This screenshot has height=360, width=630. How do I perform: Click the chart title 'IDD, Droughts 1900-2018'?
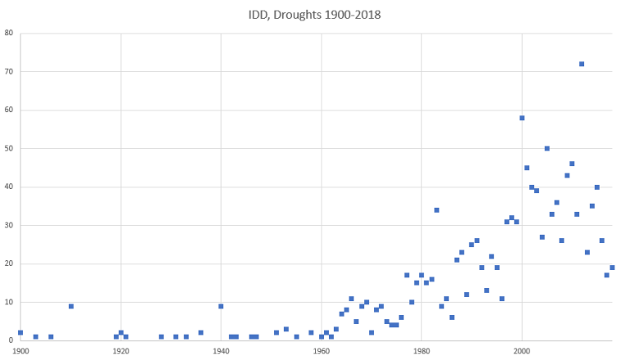pyautogui.click(x=315, y=15)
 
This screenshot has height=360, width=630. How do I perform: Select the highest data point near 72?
pyautogui.click(x=582, y=64)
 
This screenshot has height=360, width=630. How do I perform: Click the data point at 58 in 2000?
pyautogui.click(x=522, y=118)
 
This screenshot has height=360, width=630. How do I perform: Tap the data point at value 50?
pyautogui.click(x=547, y=149)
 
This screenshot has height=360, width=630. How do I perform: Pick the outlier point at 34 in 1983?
pyautogui.click(x=437, y=210)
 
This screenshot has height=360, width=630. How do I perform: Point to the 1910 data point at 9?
pyautogui.click(x=71, y=306)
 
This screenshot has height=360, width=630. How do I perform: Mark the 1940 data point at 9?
pyautogui.click(x=221, y=306)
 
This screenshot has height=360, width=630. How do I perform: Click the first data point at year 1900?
pyautogui.click(x=20, y=333)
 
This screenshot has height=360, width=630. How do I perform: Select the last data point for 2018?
pyautogui.click(x=612, y=268)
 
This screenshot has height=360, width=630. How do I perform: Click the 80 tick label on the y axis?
pyautogui.click(x=8, y=34)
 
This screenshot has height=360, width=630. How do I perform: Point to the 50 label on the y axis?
pyautogui.click(x=8, y=149)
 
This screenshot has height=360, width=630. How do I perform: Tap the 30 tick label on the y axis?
pyautogui.click(x=8, y=226)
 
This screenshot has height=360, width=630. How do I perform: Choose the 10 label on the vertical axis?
pyautogui.click(x=8, y=303)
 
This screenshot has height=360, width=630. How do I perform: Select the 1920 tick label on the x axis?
pyautogui.click(x=121, y=351)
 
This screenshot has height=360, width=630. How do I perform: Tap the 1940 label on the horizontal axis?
pyautogui.click(x=221, y=351)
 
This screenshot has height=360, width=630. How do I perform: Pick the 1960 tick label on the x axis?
pyautogui.click(x=322, y=351)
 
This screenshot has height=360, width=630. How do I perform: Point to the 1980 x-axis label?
pyautogui.click(x=421, y=351)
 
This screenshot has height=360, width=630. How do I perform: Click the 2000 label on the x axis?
pyautogui.click(x=522, y=351)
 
